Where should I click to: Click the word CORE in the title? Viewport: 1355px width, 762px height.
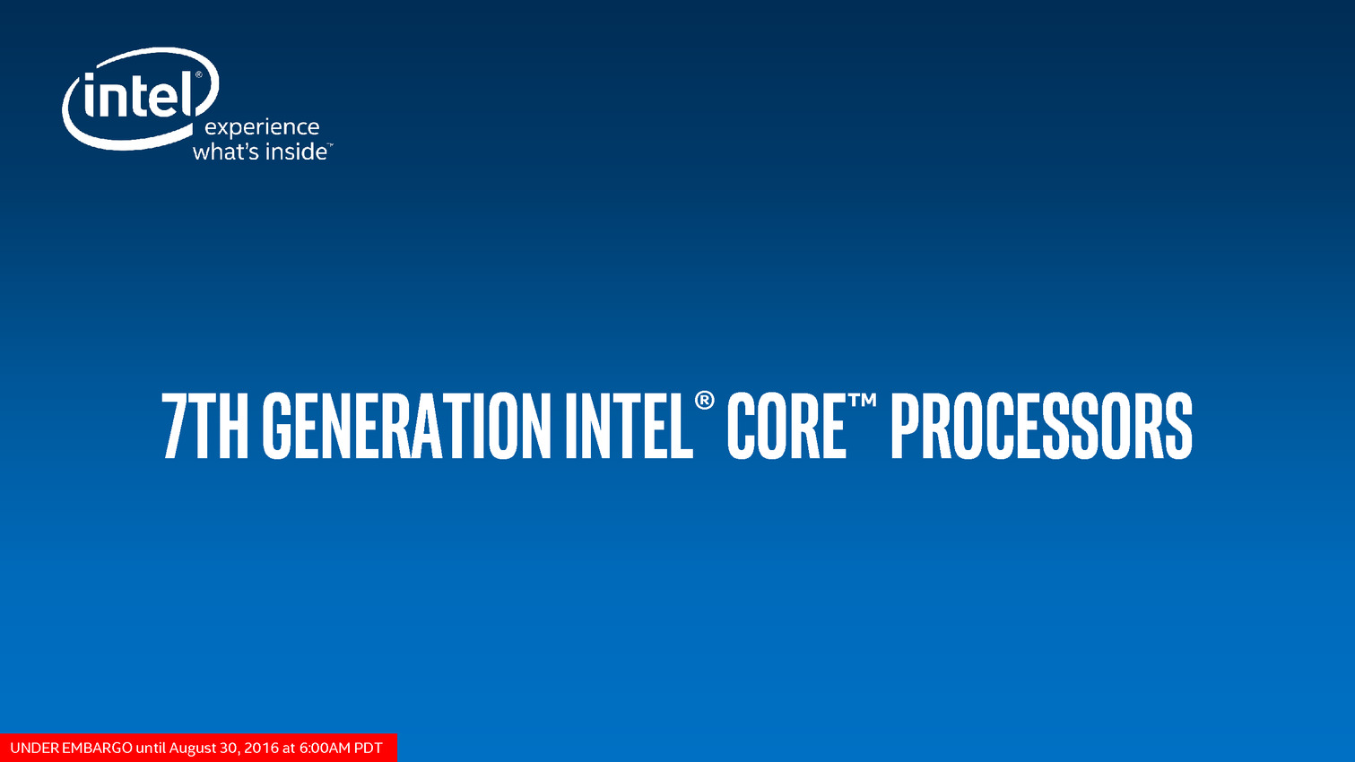pyautogui.click(x=786, y=425)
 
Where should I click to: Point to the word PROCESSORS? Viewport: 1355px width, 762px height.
pyautogui.click(x=1042, y=425)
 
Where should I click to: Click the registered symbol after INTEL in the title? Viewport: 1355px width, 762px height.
pyautogui.click(x=704, y=401)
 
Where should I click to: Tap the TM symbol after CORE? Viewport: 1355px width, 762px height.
pyautogui.click(x=862, y=400)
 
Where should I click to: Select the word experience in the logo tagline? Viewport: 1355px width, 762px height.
pyautogui.click(x=262, y=127)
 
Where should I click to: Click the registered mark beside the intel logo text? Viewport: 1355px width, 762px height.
pyautogui.click(x=198, y=75)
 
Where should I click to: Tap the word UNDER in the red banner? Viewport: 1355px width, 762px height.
pyautogui.click(x=35, y=748)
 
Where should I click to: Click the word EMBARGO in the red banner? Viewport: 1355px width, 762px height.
pyautogui.click(x=98, y=748)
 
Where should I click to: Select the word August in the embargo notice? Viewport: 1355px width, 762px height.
pyautogui.click(x=193, y=749)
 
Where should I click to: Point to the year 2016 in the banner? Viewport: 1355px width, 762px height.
pyautogui.click(x=261, y=748)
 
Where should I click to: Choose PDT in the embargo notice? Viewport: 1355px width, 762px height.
pyautogui.click(x=369, y=748)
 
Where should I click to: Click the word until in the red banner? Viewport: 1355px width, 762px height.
pyautogui.click(x=151, y=748)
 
